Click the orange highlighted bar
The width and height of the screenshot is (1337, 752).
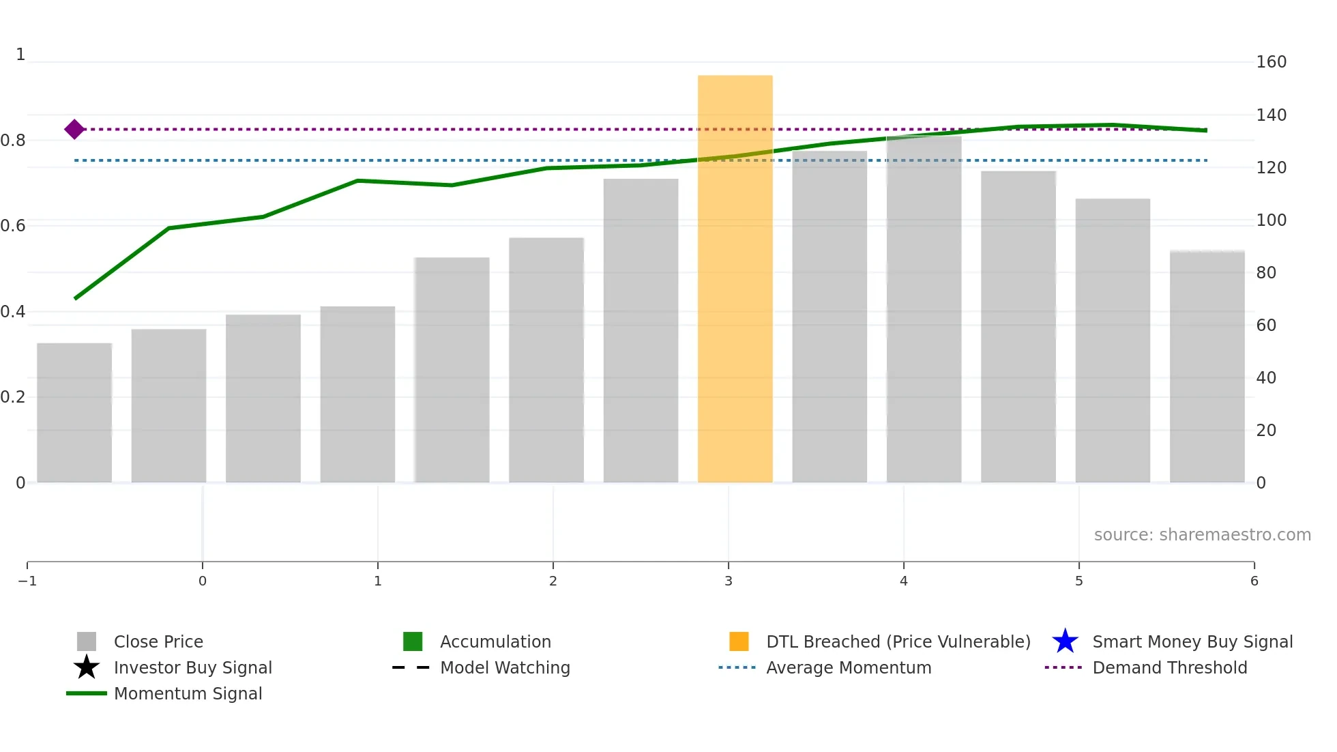click(735, 280)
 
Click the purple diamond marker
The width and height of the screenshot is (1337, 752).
click(74, 129)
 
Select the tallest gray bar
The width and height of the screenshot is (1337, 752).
click(924, 310)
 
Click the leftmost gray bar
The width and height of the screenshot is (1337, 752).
click(74, 413)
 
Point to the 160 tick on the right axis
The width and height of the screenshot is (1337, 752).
click(1271, 62)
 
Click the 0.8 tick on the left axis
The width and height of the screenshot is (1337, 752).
click(14, 141)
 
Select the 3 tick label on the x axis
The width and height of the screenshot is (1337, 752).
click(728, 581)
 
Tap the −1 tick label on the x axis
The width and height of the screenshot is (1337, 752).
click(27, 581)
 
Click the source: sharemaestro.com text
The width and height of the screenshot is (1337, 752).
click(1202, 535)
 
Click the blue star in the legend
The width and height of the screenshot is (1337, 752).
click(1065, 641)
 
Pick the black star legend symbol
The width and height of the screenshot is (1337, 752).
click(87, 667)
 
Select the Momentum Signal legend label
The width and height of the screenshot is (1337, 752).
click(188, 693)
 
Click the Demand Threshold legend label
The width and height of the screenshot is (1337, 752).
click(1169, 667)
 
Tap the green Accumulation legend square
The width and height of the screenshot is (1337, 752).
click(413, 641)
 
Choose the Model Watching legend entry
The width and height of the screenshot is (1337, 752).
click(505, 667)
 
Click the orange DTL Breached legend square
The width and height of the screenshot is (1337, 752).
click(739, 641)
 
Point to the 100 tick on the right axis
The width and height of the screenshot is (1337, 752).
click(1271, 220)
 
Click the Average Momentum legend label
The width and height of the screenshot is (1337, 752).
click(849, 667)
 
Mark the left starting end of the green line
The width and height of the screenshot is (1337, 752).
click(76, 298)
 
